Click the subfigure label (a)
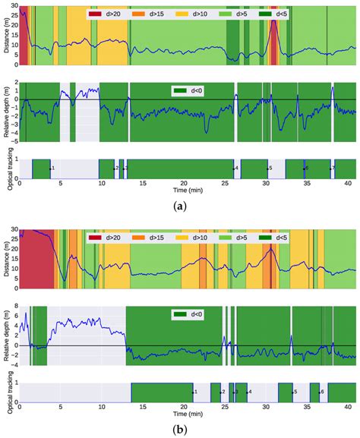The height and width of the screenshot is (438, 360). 179,206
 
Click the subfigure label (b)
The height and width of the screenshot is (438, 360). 179,430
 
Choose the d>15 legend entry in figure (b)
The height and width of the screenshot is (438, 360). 151,238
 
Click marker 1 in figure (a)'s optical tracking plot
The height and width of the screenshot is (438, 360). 51,168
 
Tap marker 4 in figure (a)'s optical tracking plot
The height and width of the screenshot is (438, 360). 236,168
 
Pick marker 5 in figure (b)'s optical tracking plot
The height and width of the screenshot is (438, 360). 295,392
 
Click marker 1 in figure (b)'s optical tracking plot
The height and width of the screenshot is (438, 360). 194,392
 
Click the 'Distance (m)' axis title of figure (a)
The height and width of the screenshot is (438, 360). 6,36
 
